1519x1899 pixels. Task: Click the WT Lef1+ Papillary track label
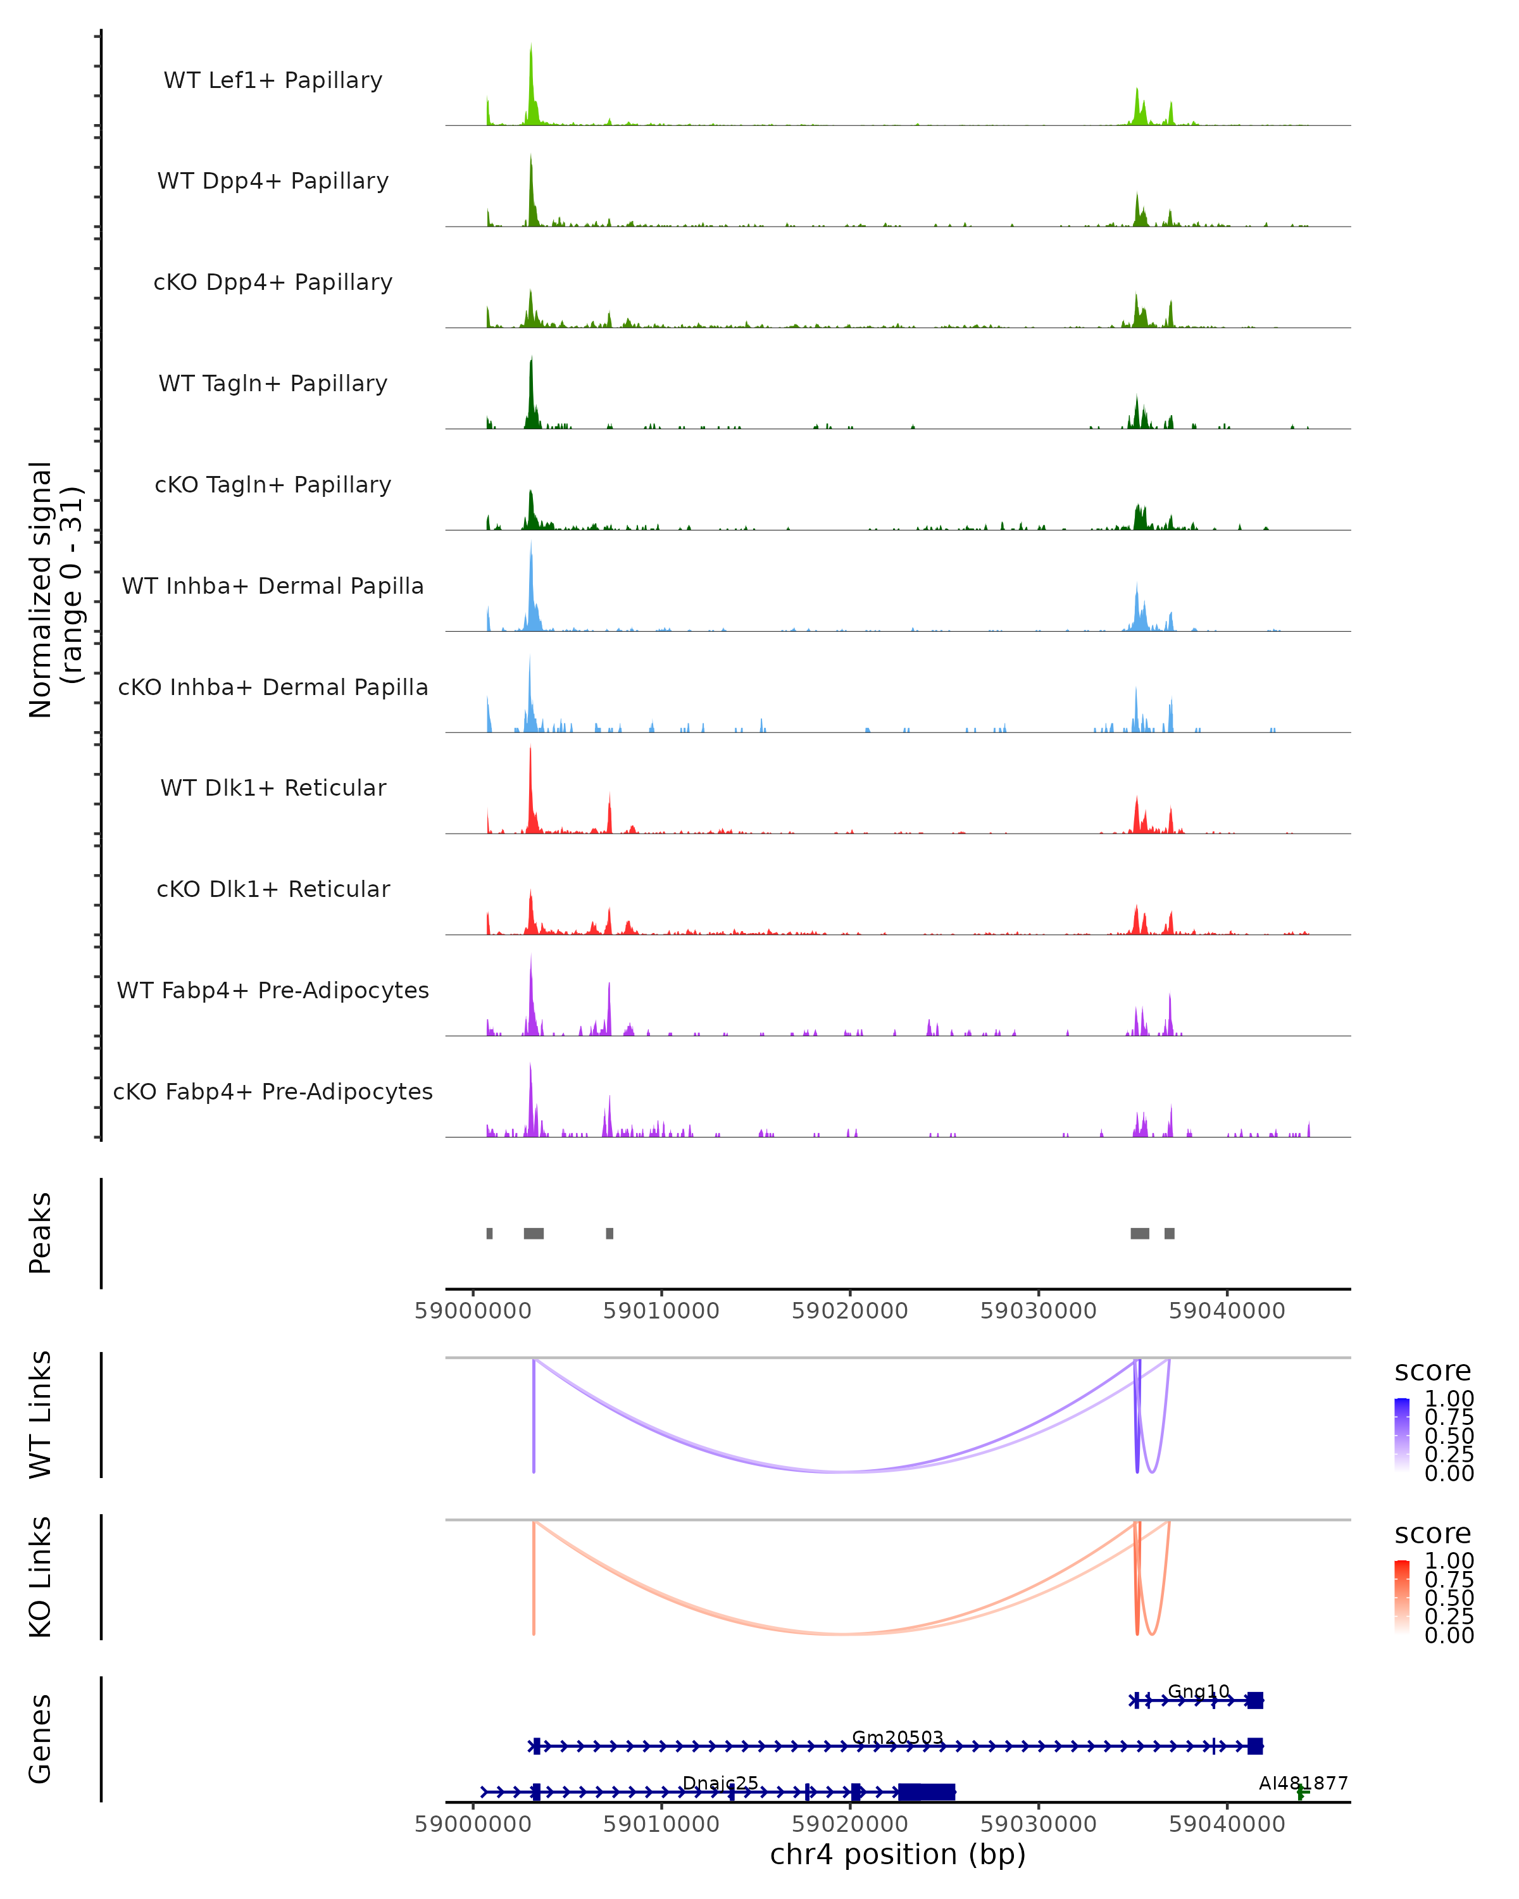273,80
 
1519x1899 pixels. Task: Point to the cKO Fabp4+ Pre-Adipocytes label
273,1091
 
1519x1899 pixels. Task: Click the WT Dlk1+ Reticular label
273,787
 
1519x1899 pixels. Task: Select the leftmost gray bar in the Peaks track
490,1233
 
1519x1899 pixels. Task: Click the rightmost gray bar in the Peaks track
1170,1233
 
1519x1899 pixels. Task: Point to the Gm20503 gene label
897,1738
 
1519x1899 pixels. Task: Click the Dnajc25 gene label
720,1783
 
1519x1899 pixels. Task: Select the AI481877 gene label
1303,1783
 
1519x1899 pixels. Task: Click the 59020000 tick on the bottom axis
850,1823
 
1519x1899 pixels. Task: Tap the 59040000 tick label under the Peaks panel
1227,1311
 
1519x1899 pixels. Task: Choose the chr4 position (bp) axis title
897,1854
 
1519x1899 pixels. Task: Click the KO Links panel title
41,1577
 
